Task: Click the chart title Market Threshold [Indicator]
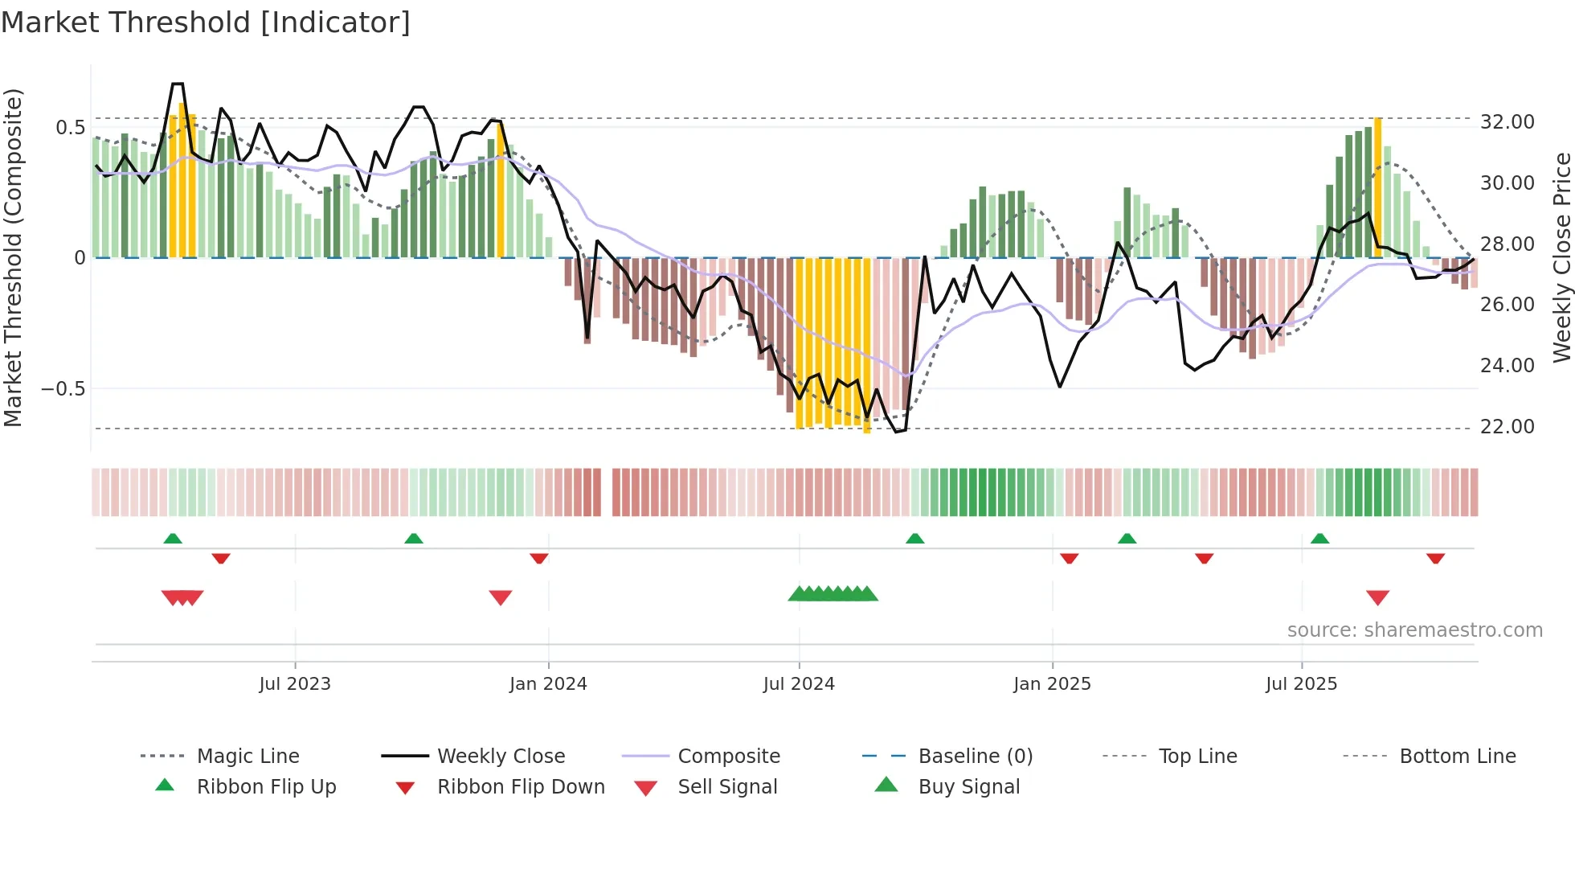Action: pyautogui.click(x=206, y=23)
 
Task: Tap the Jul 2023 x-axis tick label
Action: pyautogui.click(x=294, y=684)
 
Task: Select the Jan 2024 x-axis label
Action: pyautogui.click(x=548, y=684)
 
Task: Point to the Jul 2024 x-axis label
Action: pyautogui.click(x=799, y=684)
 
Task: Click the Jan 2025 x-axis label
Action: pyautogui.click(x=1052, y=684)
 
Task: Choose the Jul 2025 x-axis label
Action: pyautogui.click(x=1301, y=684)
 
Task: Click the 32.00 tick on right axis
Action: pyautogui.click(x=1507, y=122)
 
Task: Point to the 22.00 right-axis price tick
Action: pyautogui.click(x=1507, y=427)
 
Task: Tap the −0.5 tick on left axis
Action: pyautogui.click(x=63, y=389)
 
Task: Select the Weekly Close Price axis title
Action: pyautogui.click(x=1561, y=257)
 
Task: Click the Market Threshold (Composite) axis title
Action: pyautogui.click(x=13, y=257)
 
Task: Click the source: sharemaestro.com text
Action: pyautogui.click(x=1414, y=630)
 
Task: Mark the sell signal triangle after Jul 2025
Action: pyautogui.click(x=1377, y=597)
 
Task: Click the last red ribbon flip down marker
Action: pyautogui.click(x=1435, y=558)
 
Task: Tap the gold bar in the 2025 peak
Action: pyautogui.click(x=1377, y=187)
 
